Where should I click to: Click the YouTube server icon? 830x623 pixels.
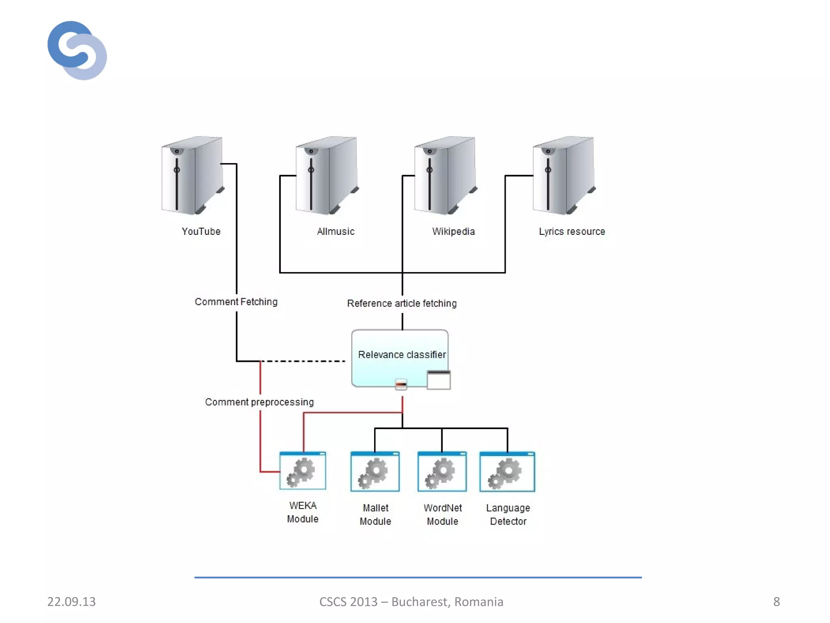(x=193, y=175)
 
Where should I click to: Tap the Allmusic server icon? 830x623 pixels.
(x=327, y=175)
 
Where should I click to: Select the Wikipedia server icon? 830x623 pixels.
(x=445, y=175)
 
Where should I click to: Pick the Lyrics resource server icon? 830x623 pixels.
(x=563, y=175)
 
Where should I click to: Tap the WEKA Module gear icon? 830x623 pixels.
(x=302, y=471)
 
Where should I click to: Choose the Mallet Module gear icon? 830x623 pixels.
(x=375, y=472)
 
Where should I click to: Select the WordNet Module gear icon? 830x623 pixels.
(x=442, y=472)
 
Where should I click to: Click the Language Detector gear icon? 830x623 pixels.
(x=507, y=472)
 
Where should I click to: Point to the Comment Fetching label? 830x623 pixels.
(x=236, y=302)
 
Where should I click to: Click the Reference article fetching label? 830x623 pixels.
(x=402, y=303)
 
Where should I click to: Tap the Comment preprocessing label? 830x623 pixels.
(x=259, y=402)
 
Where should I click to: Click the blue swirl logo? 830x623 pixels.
(x=77, y=50)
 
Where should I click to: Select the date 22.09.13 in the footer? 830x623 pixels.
(x=71, y=602)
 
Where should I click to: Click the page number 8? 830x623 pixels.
(x=776, y=602)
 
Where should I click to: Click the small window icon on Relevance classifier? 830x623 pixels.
(x=439, y=380)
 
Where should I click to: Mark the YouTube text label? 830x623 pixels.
(x=201, y=231)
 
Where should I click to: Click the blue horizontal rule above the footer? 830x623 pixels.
(x=417, y=577)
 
